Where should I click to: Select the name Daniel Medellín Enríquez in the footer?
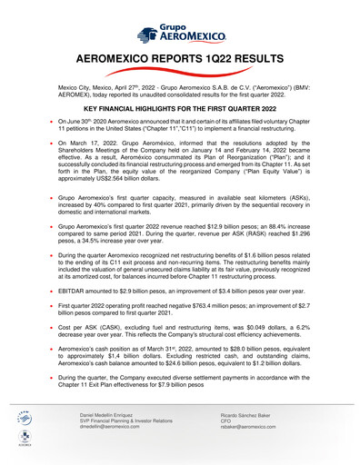click(114, 439)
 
